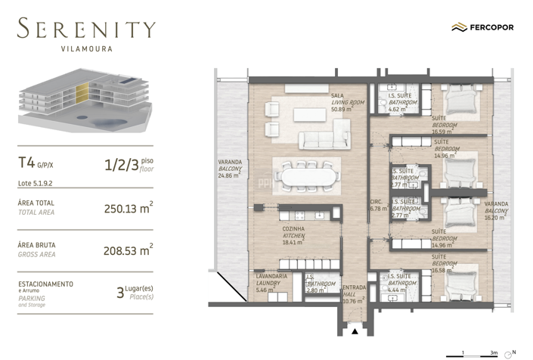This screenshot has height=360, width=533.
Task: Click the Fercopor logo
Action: coord(482,27)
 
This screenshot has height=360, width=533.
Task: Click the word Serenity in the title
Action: coord(86,30)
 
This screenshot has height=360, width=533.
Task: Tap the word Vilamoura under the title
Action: coord(86,49)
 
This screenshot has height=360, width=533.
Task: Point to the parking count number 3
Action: coord(120,292)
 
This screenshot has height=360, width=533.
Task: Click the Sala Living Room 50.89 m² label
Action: coord(347,102)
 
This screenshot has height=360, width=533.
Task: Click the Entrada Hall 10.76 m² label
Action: coord(353,294)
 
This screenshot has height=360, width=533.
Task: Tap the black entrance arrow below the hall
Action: coord(354,331)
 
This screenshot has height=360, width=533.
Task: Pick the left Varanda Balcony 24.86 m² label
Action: coord(230,168)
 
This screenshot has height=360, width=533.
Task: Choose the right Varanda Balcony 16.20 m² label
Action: coord(496,209)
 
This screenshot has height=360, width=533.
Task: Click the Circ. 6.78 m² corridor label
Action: coord(376,206)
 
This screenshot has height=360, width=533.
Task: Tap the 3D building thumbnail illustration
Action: coord(82,103)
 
